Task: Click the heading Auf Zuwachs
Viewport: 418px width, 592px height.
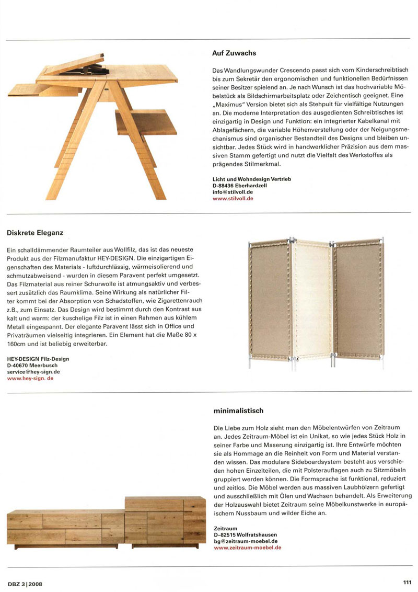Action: tap(234, 53)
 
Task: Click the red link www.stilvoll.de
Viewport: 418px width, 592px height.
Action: tap(233, 199)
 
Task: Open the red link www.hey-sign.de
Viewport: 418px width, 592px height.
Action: tap(30, 378)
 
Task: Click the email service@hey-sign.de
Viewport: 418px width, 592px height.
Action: tap(33, 371)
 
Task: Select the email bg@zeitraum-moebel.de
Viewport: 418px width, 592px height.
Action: tap(246, 541)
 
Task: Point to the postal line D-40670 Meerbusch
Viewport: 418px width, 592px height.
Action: tap(32, 365)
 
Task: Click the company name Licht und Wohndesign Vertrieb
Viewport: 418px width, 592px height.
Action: tap(251, 179)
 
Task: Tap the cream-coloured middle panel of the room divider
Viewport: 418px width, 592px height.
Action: tap(312, 303)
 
